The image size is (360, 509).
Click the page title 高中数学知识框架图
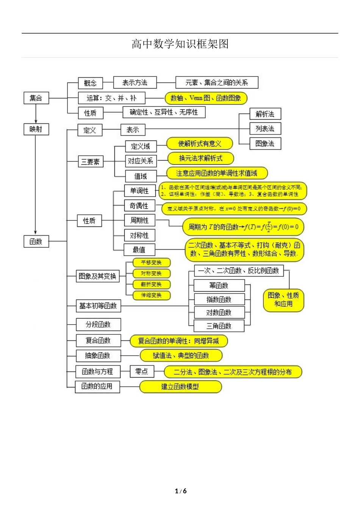point(180,44)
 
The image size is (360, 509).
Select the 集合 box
point(36,98)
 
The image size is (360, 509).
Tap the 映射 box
point(36,129)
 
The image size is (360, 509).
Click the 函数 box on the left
point(36,241)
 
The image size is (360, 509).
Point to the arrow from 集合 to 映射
point(36,114)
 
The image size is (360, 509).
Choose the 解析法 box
point(265,114)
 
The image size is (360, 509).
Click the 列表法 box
point(265,129)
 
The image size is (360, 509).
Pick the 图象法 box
point(265,144)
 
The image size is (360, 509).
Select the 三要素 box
point(90,162)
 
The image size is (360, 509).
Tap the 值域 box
point(140,176)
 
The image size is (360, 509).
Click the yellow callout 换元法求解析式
point(200,158)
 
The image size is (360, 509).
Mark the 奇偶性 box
point(139,206)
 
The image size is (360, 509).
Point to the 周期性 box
point(139,220)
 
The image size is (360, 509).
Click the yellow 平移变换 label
point(151,262)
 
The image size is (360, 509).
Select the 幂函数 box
point(219,286)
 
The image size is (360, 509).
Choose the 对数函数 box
point(219,312)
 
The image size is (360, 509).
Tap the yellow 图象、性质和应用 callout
point(283,300)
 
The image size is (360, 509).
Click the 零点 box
point(142,372)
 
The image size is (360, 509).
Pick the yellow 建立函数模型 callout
point(180,387)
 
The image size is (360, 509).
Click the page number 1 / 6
point(181,491)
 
